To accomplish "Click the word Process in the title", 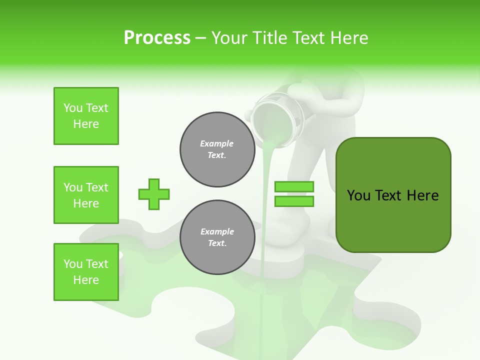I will pyautogui.click(x=157, y=38).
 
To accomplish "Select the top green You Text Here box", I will pyautogui.click(x=86, y=116).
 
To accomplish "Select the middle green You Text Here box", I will pyautogui.click(x=86, y=195).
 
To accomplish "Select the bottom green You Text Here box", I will pyautogui.click(x=86, y=272).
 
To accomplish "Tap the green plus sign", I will pyautogui.click(x=154, y=194).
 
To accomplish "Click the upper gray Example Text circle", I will pyautogui.click(x=217, y=149).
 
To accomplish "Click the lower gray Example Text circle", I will pyautogui.click(x=217, y=237).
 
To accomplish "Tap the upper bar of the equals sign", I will pyautogui.click(x=294, y=187).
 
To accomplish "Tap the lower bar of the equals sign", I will pyautogui.click(x=294, y=201).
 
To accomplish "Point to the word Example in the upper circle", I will pyautogui.click(x=217, y=143).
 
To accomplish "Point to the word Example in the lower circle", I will pyautogui.click(x=217, y=231).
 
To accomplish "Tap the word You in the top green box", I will pyautogui.click(x=73, y=108).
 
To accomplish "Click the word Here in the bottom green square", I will pyautogui.click(x=86, y=280).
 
